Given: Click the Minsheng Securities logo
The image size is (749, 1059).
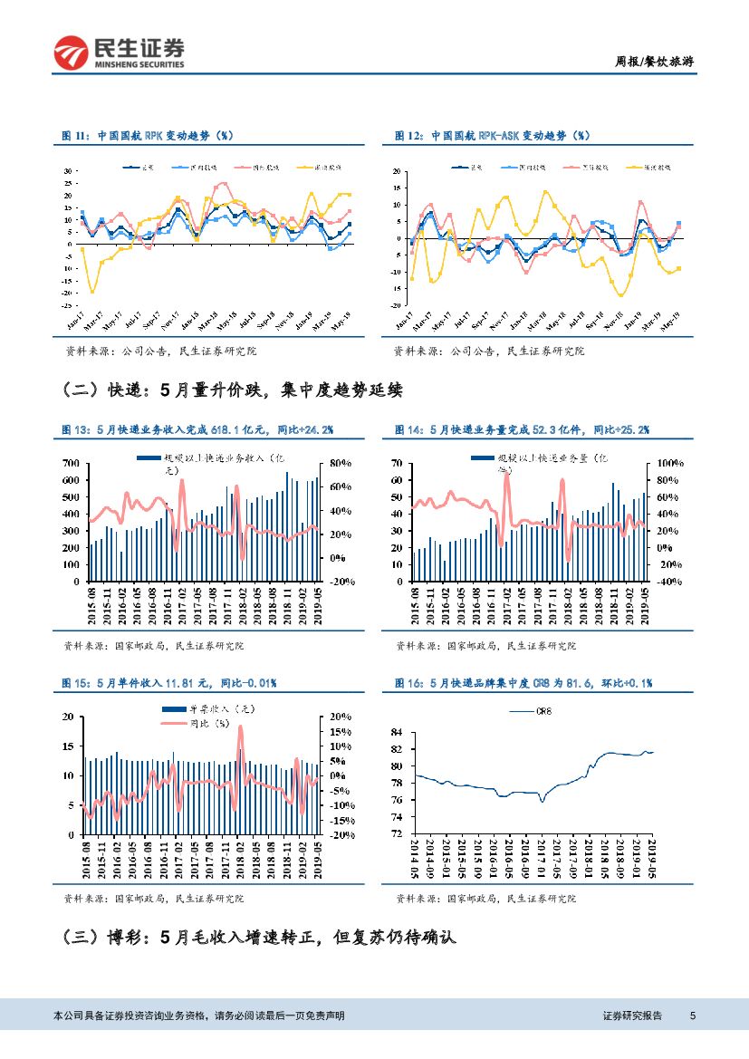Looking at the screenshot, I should click(x=119, y=53).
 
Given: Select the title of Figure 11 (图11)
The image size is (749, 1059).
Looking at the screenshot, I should click(x=146, y=135).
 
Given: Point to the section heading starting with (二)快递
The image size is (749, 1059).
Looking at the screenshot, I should click(x=233, y=390).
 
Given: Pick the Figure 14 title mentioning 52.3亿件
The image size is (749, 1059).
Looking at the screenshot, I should click(x=522, y=428).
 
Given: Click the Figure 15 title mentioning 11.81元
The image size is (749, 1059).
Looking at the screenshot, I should click(x=168, y=682).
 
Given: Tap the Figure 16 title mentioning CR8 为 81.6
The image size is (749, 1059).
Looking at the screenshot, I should click(x=523, y=682).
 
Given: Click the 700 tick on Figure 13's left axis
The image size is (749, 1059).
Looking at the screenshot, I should click(x=71, y=463).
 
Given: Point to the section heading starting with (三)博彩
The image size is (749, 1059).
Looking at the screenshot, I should click(x=259, y=938).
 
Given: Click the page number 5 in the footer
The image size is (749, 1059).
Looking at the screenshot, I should click(x=693, y=1016).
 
